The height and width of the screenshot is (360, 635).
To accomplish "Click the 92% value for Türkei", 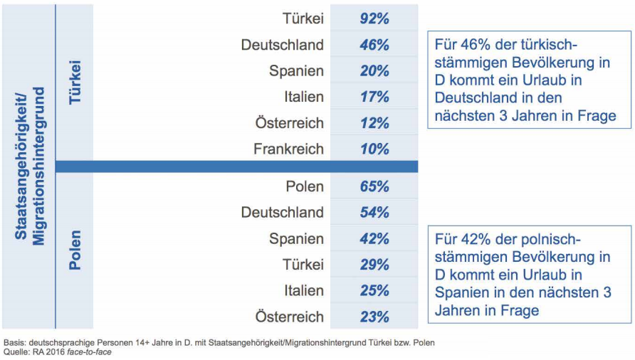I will coord(374,18).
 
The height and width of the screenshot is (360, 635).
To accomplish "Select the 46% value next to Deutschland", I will coord(374,45).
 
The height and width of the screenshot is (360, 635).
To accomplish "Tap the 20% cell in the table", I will coord(374,71).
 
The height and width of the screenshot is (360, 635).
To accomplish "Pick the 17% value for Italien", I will coord(374,97).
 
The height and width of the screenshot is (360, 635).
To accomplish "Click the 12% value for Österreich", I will coord(374,123).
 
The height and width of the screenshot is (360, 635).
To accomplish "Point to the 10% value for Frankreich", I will coord(374,149).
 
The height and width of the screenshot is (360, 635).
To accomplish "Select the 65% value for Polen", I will coord(374,186).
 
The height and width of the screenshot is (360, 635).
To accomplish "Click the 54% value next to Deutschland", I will coord(374,213).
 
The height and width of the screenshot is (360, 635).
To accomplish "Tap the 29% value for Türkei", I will coord(374,265).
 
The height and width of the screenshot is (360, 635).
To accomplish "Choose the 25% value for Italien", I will coord(374,291).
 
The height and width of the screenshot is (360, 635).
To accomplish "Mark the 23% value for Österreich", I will coord(374,317).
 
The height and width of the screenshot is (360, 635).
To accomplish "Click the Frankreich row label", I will coord(288,149).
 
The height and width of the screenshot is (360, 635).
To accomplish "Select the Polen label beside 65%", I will coord(305,186).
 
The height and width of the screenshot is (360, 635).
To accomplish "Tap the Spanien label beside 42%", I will coord(296,239).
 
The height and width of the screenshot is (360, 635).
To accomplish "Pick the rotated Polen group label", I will coord(74,250).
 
